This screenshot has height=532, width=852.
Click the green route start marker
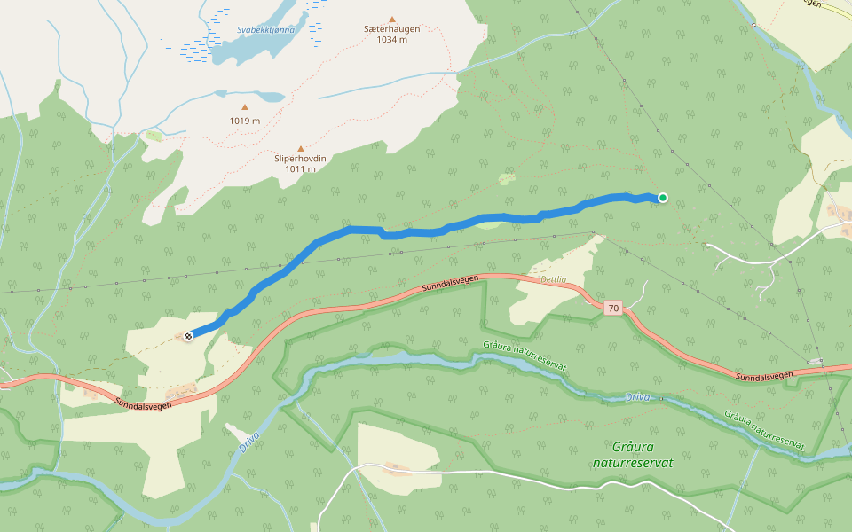(662, 198)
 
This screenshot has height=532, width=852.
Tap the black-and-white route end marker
(188, 335)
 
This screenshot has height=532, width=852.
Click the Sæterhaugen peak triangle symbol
(391, 19)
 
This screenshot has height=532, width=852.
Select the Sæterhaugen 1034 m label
(391, 34)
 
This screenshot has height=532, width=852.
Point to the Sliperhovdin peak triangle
(301, 149)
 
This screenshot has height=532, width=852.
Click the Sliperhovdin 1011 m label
(301, 163)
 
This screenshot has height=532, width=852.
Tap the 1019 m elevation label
(245, 121)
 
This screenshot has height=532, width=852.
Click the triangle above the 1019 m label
(245, 107)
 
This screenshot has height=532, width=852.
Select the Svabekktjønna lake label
(265, 30)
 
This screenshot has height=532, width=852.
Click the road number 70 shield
(612, 309)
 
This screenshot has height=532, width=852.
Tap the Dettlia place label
(553, 278)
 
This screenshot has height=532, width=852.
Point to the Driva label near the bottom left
(248, 440)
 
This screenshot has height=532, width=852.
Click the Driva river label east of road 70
(638, 396)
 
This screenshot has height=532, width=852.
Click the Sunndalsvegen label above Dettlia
(451, 284)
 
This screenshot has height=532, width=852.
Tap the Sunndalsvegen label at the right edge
(765, 377)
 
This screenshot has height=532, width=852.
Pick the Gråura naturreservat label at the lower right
(764, 431)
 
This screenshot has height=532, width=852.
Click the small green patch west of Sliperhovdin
(154, 136)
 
